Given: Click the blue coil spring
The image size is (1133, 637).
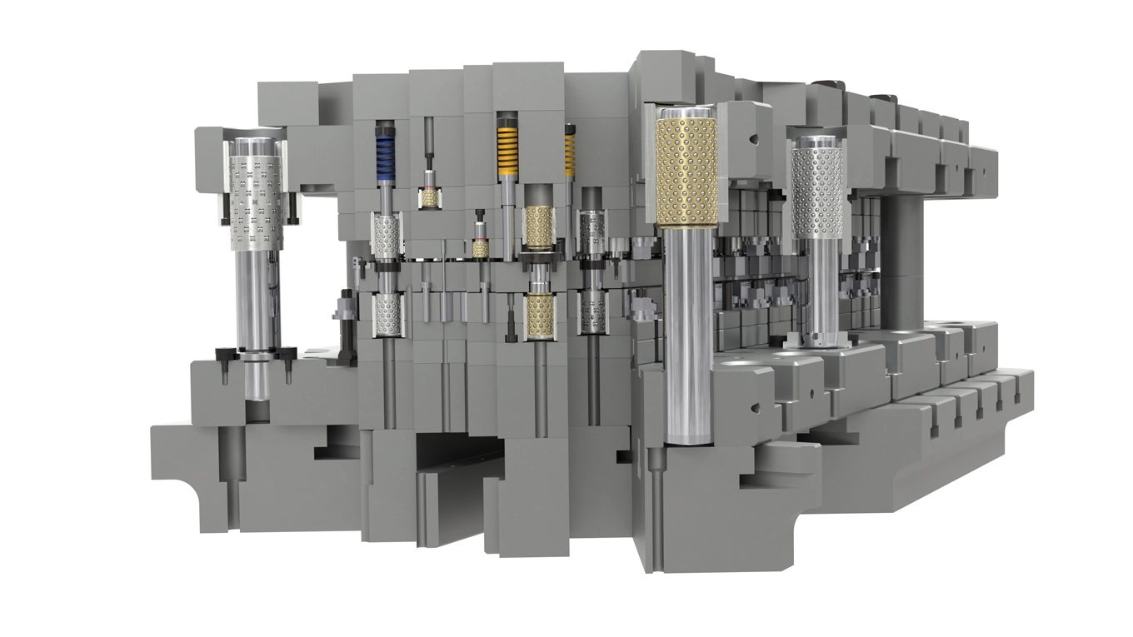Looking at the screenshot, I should [385, 157].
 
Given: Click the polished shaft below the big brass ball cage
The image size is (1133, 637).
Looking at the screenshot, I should [688, 333].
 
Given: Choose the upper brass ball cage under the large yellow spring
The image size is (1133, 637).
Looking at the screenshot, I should [539, 226].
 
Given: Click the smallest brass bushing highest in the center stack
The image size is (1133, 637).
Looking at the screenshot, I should [430, 197].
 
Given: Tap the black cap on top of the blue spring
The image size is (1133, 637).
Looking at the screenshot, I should [385, 128].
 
